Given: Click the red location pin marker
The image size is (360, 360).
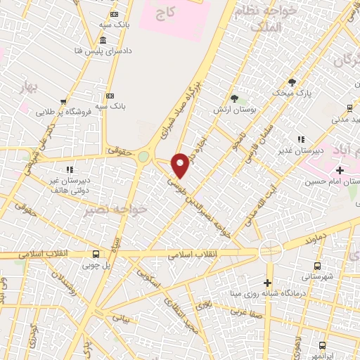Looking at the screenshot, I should (181, 165).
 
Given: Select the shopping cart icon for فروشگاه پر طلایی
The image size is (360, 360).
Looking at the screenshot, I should (64, 101).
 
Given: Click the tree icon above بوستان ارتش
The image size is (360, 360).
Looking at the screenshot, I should (234, 98).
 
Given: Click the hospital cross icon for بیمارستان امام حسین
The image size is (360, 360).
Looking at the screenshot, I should (340, 170).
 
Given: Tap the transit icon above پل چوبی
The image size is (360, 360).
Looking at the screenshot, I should (96, 255).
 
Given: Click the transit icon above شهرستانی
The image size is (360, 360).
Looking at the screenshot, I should (317, 266).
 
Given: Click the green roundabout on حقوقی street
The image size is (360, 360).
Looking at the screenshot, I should (144, 156).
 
